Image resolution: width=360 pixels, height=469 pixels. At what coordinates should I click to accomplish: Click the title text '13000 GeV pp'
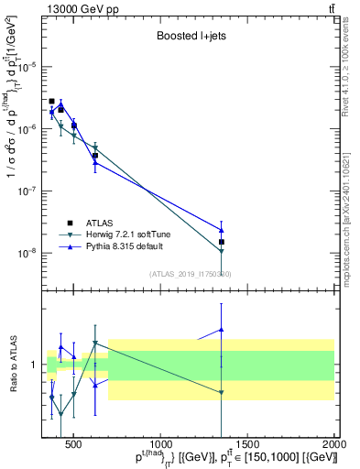pyautogui.click(x=76, y=8)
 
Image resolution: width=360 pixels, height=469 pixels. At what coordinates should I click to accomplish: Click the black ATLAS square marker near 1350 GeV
pyautogui.click(x=221, y=242)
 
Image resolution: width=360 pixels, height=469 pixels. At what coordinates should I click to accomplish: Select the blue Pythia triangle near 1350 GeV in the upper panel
pyautogui.click(x=221, y=230)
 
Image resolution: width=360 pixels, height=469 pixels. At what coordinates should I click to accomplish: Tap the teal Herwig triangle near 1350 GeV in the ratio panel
pyautogui.click(x=221, y=392)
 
